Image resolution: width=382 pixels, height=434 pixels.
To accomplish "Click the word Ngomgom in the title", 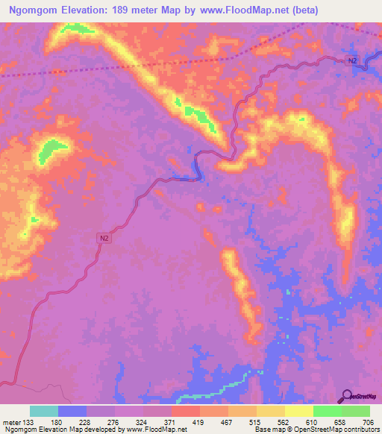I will click(x=37, y=10).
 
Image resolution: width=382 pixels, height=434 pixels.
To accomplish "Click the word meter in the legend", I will click(x=12, y=422).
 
